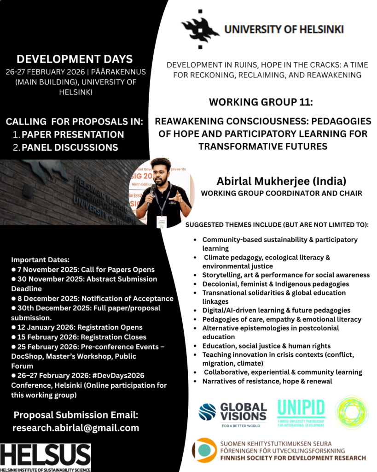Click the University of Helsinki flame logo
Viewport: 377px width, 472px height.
point(200,29)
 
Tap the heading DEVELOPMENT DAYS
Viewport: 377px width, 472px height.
point(75,59)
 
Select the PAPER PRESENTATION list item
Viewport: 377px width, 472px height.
point(73,135)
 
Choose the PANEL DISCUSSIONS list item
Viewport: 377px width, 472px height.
point(70,147)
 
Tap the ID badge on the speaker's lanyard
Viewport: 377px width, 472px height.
point(161,221)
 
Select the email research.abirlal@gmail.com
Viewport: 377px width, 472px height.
point(75,428)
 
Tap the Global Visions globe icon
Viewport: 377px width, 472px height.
point(207,412)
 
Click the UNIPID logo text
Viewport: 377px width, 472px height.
point(301,408)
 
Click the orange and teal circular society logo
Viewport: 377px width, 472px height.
point(204,450)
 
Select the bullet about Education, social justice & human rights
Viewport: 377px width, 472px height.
point(266,346)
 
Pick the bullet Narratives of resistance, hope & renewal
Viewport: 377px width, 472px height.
point(267,381)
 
